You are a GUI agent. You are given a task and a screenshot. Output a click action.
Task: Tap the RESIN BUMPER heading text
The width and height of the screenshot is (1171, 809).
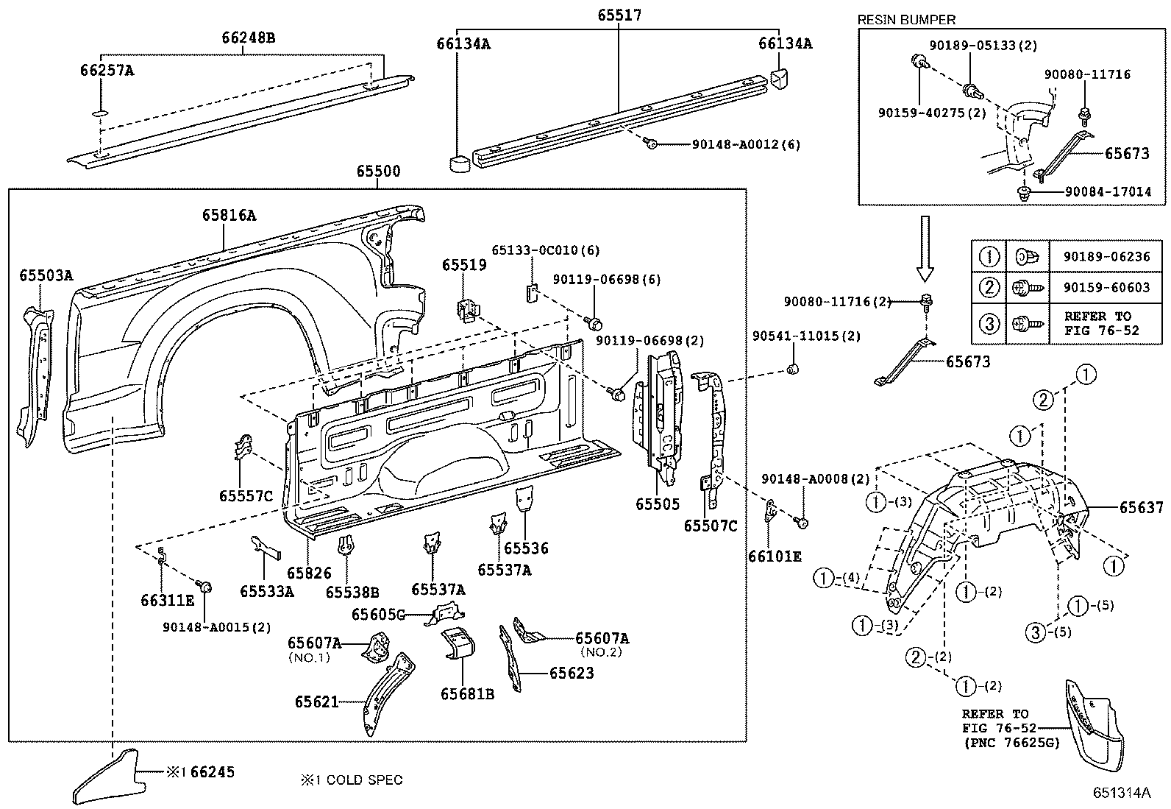[x=906, y=20]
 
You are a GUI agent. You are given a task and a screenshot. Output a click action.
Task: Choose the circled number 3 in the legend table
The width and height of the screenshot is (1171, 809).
[x=989, y=322]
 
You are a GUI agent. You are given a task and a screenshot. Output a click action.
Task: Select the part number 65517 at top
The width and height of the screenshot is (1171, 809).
[x=619, y=15]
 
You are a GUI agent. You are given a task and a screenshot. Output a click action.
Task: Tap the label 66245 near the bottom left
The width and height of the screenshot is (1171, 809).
[x=213, y=771]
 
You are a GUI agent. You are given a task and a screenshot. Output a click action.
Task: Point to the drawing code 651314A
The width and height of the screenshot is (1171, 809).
[x=1120, y=793]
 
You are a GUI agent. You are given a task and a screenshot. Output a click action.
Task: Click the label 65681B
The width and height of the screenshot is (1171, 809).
[x=467, y=693]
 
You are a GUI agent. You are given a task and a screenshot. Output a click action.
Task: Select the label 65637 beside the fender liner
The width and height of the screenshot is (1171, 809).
[x=1141, y=507]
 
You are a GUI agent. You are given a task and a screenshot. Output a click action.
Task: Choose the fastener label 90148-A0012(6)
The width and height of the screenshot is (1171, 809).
[x=745, y=145]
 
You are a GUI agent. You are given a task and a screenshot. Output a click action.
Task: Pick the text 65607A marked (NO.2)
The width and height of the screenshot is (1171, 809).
[x=602, y=638]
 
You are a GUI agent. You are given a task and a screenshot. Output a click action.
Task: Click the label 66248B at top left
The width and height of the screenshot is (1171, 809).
[x=249, y=38]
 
